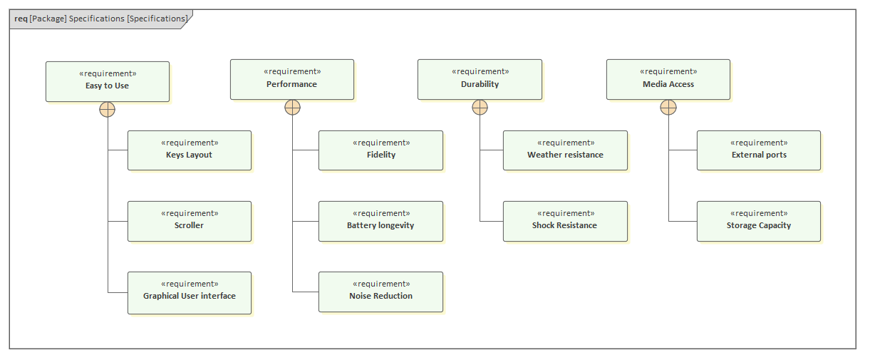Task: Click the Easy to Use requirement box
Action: pyautogui.click(x=108, y=81)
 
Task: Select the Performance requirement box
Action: pyautogui.click(x=291, y=79)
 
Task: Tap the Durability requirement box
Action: pyautogui.click(x=480, y=79)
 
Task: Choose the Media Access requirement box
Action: pyautogui.click(x=668, y=79)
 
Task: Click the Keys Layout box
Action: pyautogui.click(x=189, y=150)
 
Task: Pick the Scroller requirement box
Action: pyautogui.click(x=189, y=221)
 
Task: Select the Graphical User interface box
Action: pyautogui.click(x=189, y=292)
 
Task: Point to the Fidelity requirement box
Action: pyautogui.click(x=380, y=150)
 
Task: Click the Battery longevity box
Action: pyautogui.click(x=380, y=221)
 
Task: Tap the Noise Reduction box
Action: pyautogui.click(x=380, y=292)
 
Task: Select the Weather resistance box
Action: pyautogui.click(x=565, y=150)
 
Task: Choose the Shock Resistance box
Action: pyautogui.click(x=565, y=221)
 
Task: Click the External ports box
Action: pyautogui.click(x=758, y=150)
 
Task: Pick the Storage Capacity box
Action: pyautogui.click(x=758, y=221)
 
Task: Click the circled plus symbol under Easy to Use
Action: pyautogui.click(x=108, y=109)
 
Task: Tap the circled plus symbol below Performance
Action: pyautogui.click(x=292, y=108)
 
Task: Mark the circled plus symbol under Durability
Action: pyautogui.click(x=480, y=108)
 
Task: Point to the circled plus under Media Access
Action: pyautogui.click(x=668, y=108)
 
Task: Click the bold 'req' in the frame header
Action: pyautogui.click(x=21, y=19)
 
